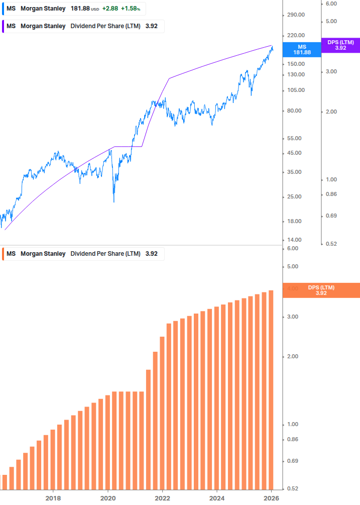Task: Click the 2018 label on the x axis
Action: pyautogui.click(x=53, y=498)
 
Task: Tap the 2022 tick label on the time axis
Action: pyautogui.click(x=162, y=498)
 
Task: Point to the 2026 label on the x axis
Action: pyautogui.click(x=272, y=498)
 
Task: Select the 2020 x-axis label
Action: pyautogui.click(x=107, y=498)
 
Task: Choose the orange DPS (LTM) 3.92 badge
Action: pyautogui.click(x=321, y=290)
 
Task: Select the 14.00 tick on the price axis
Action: pyautogui.click(x=296, y=240)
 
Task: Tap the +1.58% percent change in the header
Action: pyautogui.click(x=130, y=9)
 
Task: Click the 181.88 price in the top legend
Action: pyautogui.click(x=80, y=9)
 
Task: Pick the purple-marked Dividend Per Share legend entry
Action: pyautogui.click(x=83, y=26)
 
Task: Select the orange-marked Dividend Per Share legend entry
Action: pyautogui.click(x=83, y=254)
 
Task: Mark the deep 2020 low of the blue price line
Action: pyautogui.click(x=114, y=201)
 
